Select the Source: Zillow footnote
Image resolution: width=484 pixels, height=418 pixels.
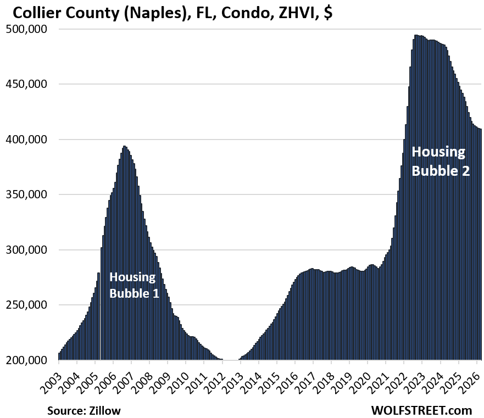coord(84,410)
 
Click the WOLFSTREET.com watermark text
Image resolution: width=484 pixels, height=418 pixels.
coord(421,410)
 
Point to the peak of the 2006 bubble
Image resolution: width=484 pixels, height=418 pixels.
coord(125,146)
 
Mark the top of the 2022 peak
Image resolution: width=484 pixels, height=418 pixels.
coord(416,35)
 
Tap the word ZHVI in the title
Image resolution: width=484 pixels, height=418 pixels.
coord(285,12)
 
